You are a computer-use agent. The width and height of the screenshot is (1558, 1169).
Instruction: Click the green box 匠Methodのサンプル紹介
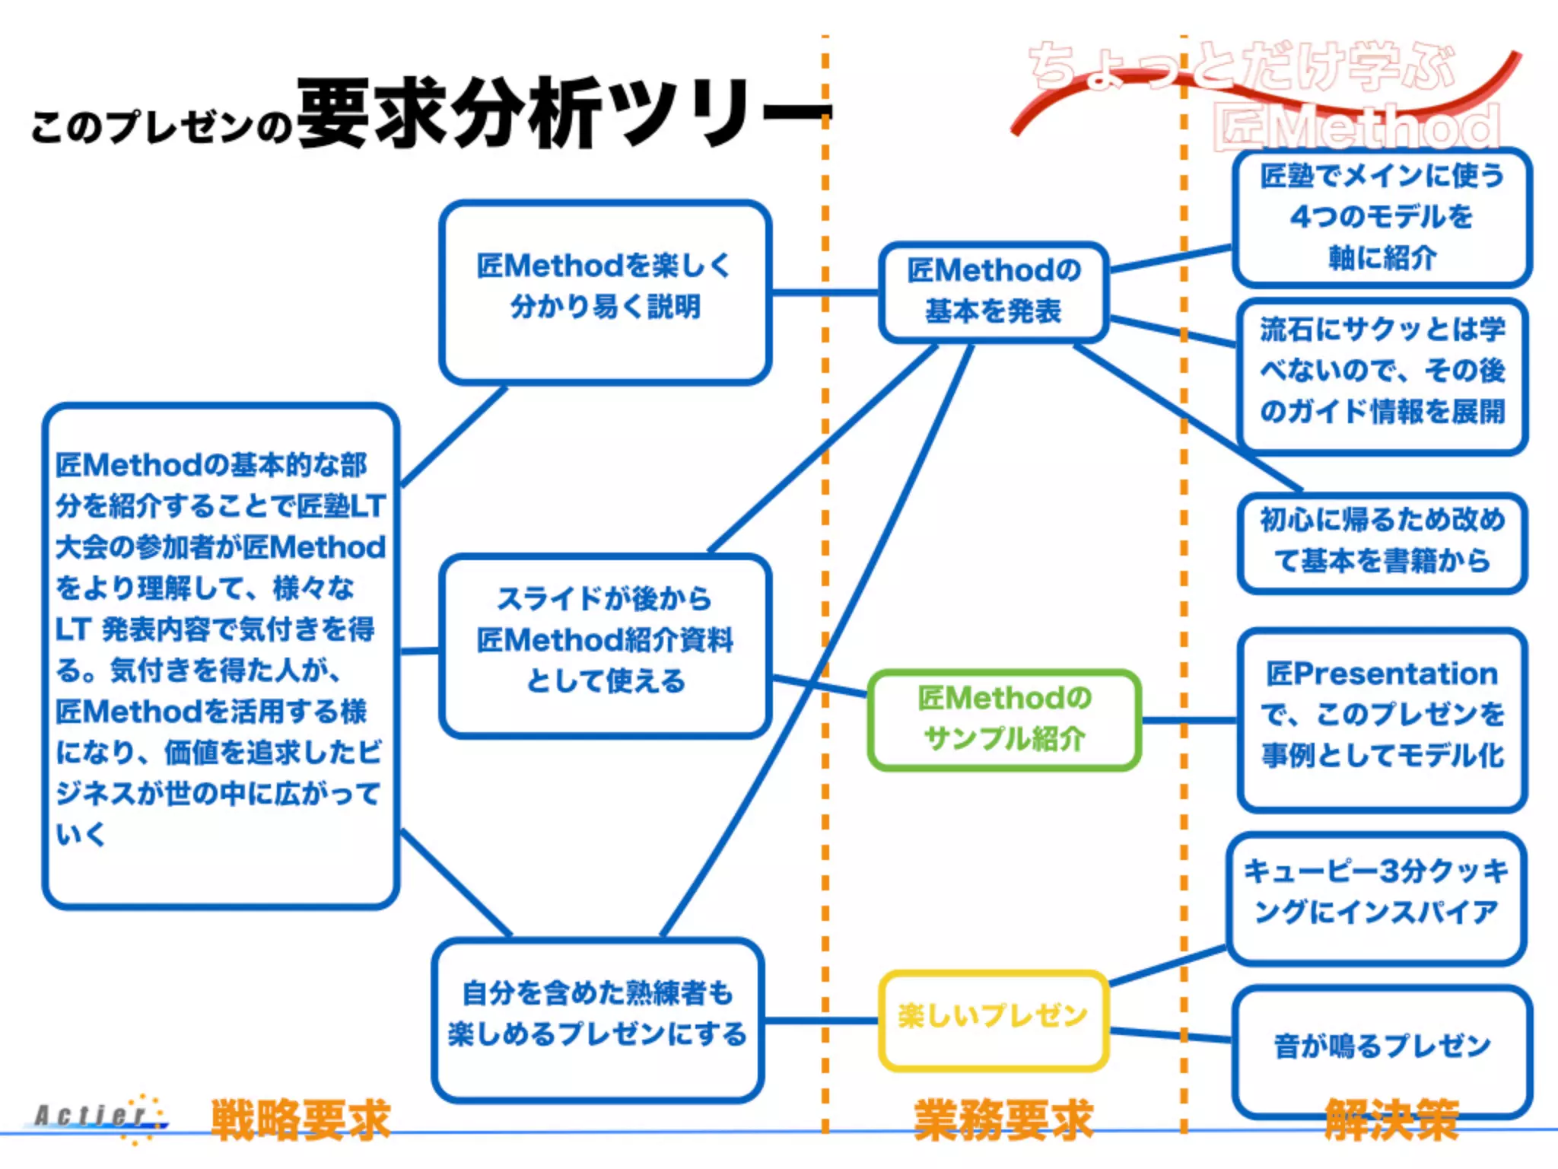tap(1003, 719)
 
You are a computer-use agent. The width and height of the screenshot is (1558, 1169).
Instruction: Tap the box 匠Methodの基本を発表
tap(993, 291)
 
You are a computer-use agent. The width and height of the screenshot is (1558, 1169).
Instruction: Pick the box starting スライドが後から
tap(605, 644)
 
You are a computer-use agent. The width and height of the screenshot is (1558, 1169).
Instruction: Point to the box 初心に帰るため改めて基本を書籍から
tap(1382, 541)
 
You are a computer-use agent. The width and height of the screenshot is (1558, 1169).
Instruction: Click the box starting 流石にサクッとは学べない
tap(1382, 373)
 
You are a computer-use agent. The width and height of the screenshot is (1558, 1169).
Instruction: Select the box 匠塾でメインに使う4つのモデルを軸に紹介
tap(1382, 217)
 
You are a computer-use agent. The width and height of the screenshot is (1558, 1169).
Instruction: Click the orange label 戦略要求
tap(300, 1120)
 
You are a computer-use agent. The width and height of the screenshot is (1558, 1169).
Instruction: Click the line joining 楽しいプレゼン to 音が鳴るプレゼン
tap(1170, 1034)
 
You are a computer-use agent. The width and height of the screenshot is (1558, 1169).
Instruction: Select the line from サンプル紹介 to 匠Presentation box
tap(1188, 719)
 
